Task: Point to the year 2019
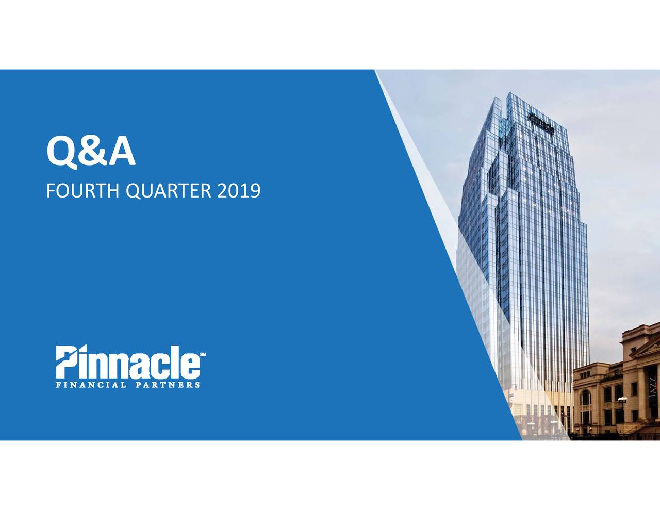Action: (238, 191)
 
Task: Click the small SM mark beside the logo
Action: (203, 354)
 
